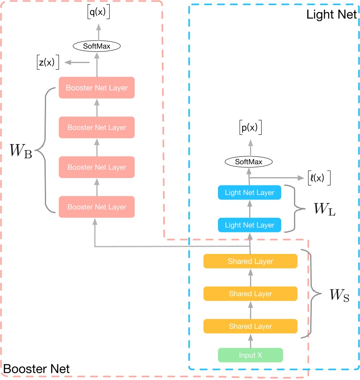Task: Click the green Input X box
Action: (x=250, y=356)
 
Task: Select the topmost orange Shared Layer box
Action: (x=250, y=261)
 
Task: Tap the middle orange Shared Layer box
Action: (x=250, y=294)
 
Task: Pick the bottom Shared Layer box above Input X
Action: (x=250, y=326)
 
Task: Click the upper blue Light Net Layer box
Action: (x=250, y=192)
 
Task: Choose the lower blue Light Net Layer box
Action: (x=250, y=225)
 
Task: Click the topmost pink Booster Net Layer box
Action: (x=97, y=88)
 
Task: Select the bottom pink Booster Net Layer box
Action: (x=97, y=207)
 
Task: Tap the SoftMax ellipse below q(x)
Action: (x=97, y=46)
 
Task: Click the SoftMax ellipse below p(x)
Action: (x=249, y=162)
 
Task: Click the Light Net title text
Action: (x=331, y=14)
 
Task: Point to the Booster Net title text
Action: (x=37, y=368)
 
